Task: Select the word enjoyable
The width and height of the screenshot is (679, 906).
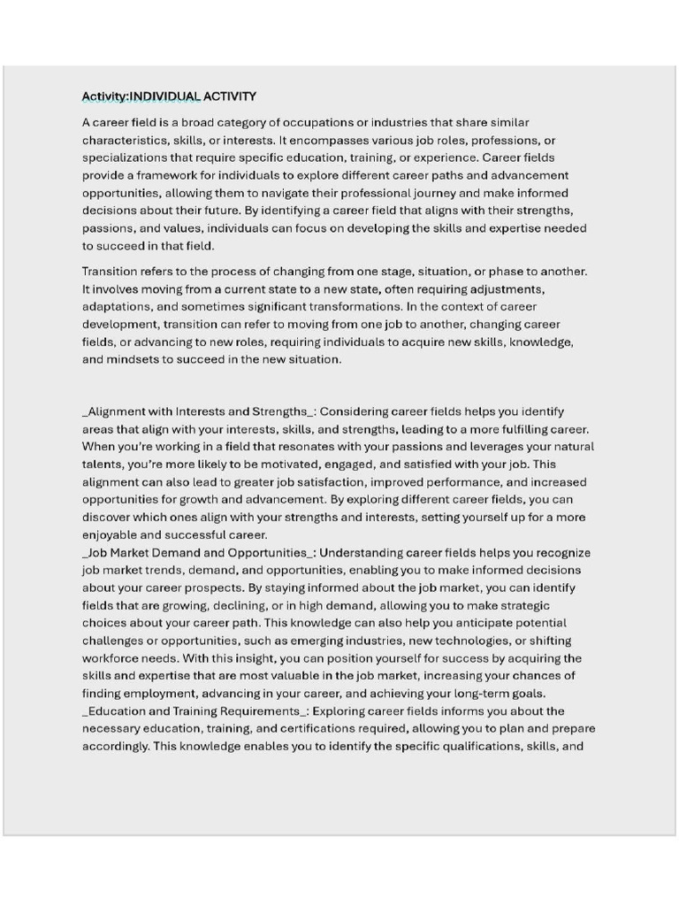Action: coord(110,535)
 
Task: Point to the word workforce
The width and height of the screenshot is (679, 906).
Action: coord(112,658)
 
